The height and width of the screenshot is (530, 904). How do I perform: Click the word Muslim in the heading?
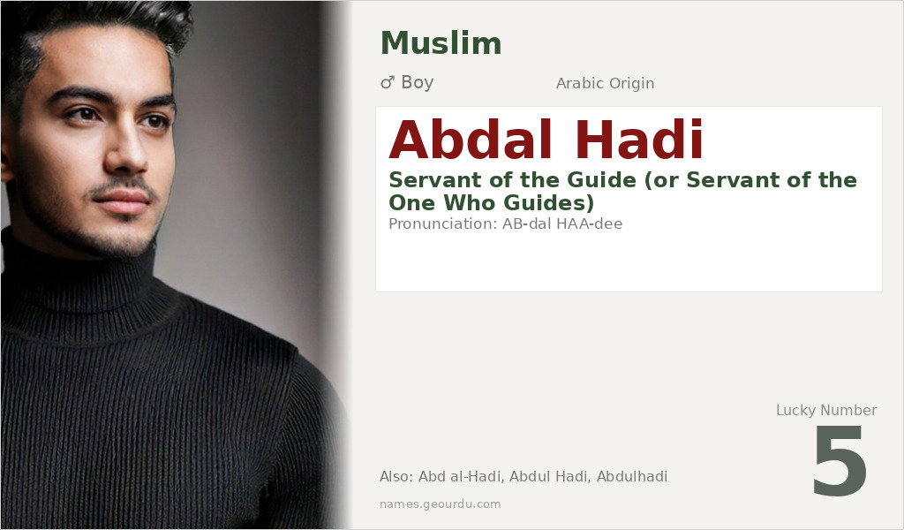[441, 43]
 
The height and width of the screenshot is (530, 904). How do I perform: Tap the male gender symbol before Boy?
[387, 83]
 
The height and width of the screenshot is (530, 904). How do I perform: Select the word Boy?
[418, 83]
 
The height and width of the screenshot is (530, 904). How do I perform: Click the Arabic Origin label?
[605, 84]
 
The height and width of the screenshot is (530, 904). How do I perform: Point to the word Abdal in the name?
[471, 141]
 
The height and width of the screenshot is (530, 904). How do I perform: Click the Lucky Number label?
[825, 410]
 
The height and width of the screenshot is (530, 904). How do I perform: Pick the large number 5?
[840, 461]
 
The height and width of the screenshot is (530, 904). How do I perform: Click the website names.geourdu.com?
[440, 504]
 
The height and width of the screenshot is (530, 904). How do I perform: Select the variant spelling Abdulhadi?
[632, 477]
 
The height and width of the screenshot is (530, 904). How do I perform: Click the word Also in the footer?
[395, 477]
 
